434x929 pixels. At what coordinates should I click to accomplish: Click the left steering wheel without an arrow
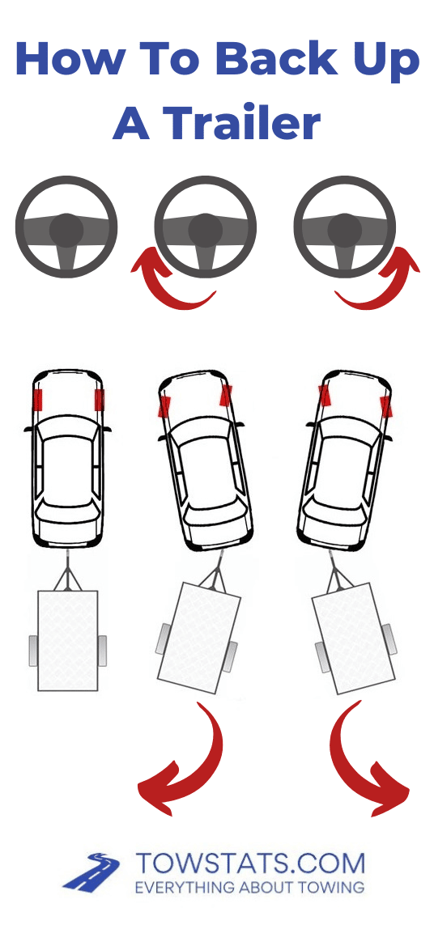pyautogui.click(x=66, y=229)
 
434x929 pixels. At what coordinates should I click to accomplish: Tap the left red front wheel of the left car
pyautogui.click(x=37, y=400)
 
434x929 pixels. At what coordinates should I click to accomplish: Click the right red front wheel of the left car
pyautogui.click(x=100, y=400)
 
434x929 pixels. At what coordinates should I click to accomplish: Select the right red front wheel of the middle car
pyautogui.click(x=226, y=395)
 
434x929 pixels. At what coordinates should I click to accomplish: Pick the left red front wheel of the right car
pyautogui.click(x=325, y=395)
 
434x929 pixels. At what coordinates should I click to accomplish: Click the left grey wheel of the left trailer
pyautogui.click(x=33, y=651)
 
